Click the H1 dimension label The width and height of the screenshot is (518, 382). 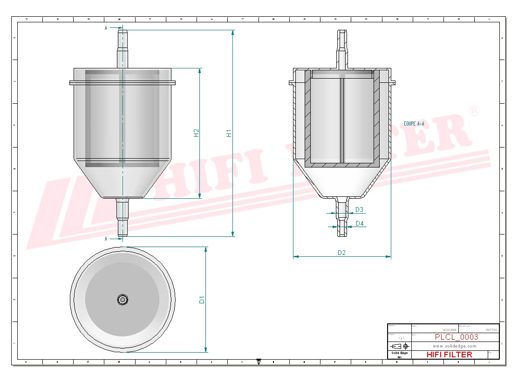[x=229, y=133]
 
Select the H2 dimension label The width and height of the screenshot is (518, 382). [x=196, y=133]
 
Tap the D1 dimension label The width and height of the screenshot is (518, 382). [x=202, y=300]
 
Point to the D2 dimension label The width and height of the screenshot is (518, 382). [x=341, y=253]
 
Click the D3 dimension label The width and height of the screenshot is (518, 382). [x=359, y=210]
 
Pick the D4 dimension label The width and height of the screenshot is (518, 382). [x=360, y=224]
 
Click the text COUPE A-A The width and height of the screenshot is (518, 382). [x=414, y=124]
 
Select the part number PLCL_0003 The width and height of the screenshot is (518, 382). [x=456, y=337]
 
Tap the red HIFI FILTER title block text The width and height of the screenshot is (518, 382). [x=449, y=355]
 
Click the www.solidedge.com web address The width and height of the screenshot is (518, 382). [x=454, y=346]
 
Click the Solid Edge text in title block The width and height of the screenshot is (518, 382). [x=399, y=353]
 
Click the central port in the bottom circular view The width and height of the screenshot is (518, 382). [x=123, y=300]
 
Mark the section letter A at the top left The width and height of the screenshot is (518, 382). [x=106, y=28]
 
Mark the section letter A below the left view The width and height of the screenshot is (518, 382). [x=106, y=239]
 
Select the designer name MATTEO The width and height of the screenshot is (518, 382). [x=491, y=329]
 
